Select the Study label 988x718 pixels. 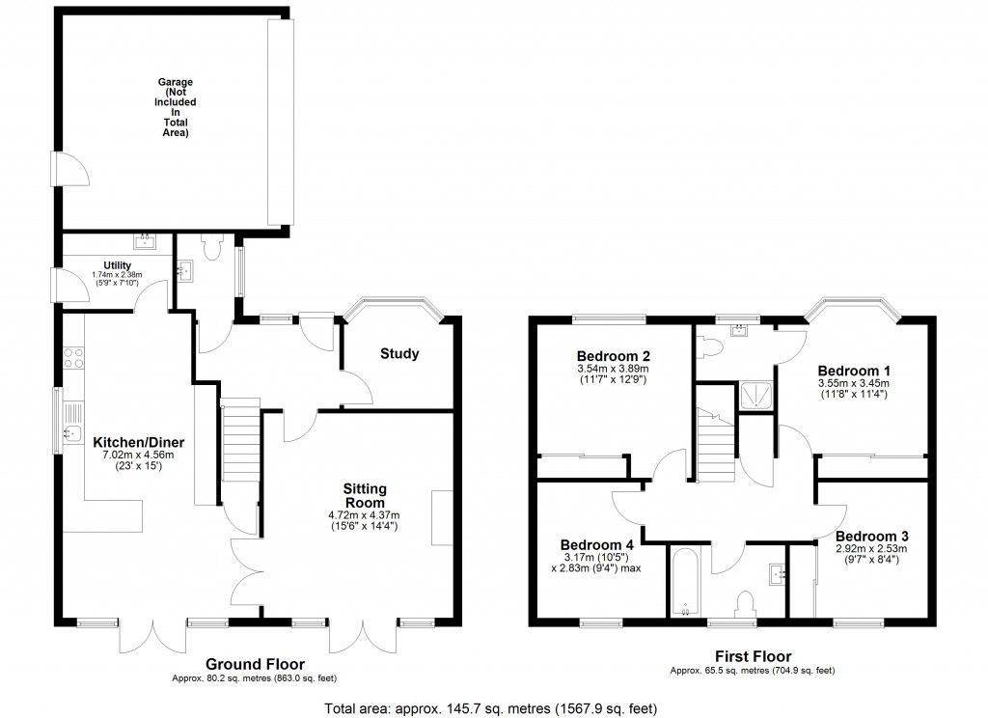coord(399,354)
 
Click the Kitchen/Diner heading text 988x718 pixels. coord(138,442)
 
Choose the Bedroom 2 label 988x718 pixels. coord(613,353)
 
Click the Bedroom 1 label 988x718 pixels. coord(854,371)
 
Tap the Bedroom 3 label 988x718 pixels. coord(872,536)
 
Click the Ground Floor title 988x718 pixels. coord(255,664)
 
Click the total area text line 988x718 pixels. coord(493,706)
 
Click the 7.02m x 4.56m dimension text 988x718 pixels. coord(138,456)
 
